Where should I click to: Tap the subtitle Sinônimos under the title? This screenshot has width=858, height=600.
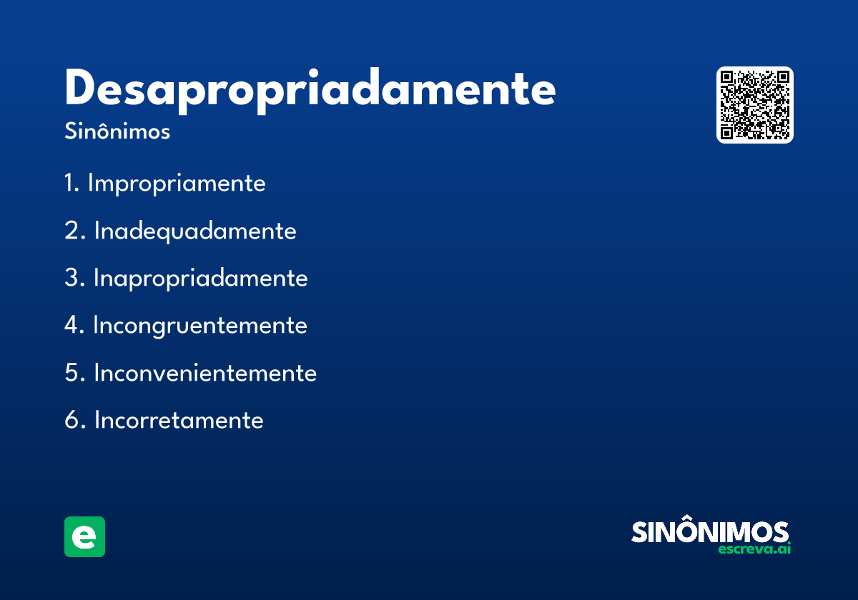[x=117, y=132]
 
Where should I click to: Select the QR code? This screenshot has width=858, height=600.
[x=755, y=105]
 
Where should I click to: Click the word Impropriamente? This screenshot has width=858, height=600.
[x=177, y=184]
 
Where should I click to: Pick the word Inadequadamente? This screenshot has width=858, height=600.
[x=195, y=231]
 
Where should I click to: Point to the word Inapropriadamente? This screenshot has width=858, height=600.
[x=201, y=278]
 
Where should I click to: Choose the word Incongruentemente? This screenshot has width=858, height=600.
[x=200, y=325]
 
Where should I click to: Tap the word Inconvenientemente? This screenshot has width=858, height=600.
[x=205, y=373]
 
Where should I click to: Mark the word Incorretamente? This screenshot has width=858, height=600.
[x=179, y=420]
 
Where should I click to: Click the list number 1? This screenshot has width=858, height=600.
[x=71, y=184]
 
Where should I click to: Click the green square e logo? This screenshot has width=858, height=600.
[x=84, y=536]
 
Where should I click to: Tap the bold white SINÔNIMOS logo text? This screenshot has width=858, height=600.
[x=710, y=532]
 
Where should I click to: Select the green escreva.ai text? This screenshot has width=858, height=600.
[x=754, y=549]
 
